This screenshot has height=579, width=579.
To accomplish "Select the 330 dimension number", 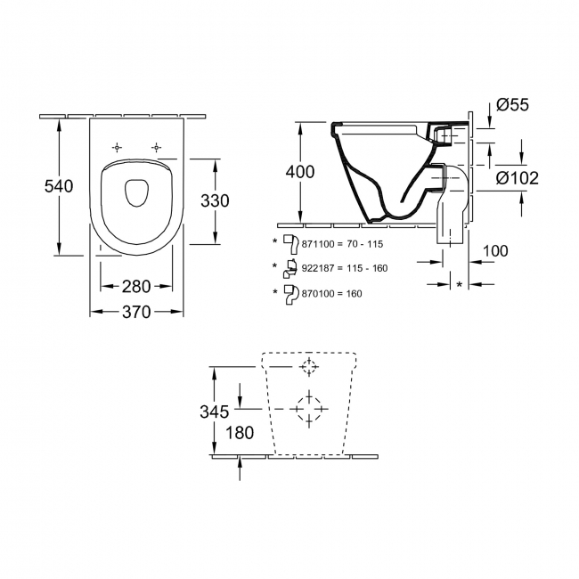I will click(x=214, y=200).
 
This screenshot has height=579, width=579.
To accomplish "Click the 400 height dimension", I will click(x=298, y=172).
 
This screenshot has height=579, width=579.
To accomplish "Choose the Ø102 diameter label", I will click(x=517, y=177).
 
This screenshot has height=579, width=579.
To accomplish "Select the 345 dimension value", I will click(x=214, y=411).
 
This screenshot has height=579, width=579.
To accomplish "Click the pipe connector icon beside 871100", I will click(x=289, y=241).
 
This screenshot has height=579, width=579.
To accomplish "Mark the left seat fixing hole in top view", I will click(x=118, y=146).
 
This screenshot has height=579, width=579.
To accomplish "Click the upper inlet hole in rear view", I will click(x=308, y=369).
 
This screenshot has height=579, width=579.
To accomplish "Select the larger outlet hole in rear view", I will click(x=308, y=406).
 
